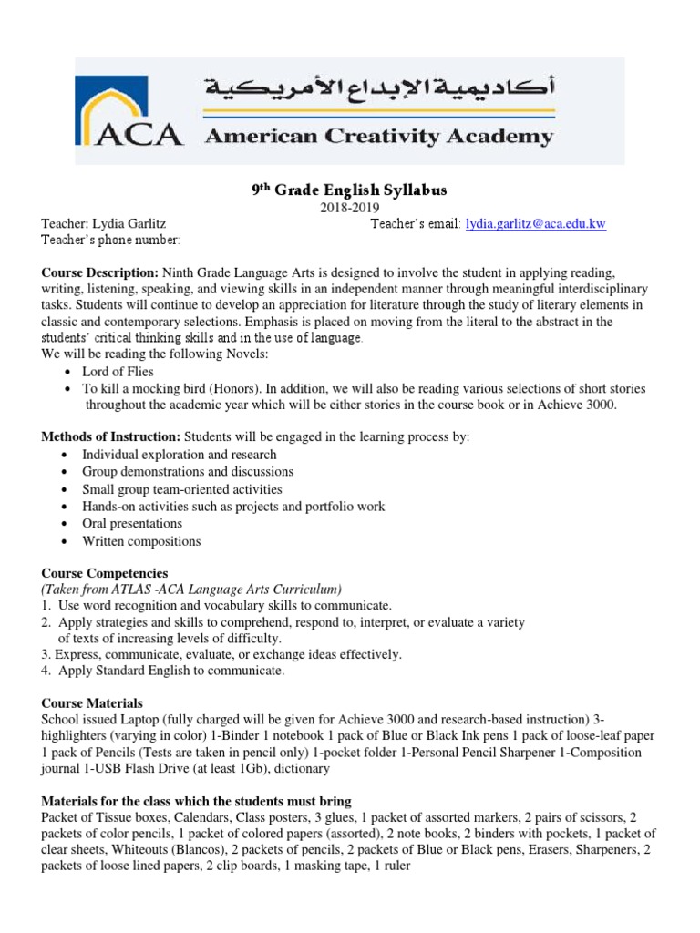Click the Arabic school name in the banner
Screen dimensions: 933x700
click(377, 88)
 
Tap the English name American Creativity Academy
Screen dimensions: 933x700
click(378, 138)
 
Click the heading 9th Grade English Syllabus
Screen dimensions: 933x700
click(350, 190)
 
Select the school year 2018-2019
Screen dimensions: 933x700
click(350, 208)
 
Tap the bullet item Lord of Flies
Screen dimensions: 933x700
click(118, 372)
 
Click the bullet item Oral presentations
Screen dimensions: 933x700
click(132, 524)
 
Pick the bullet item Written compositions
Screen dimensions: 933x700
click(141, 541)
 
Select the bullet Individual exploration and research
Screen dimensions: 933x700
click(179, 455)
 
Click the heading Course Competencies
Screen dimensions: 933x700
click(105, 573)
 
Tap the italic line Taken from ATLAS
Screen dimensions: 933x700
click(191, 590)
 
